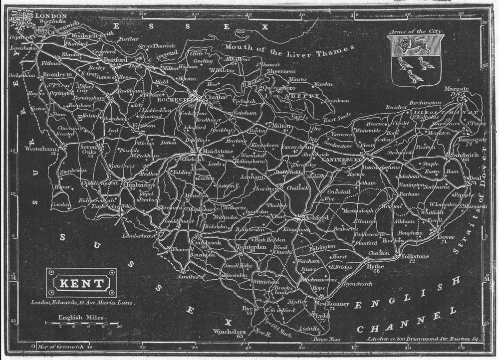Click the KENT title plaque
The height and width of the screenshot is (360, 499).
[x=81, y=283]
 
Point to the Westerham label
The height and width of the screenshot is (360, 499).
[x=42, y=149]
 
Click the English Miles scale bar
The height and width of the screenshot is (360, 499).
[x=82, y=323]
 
